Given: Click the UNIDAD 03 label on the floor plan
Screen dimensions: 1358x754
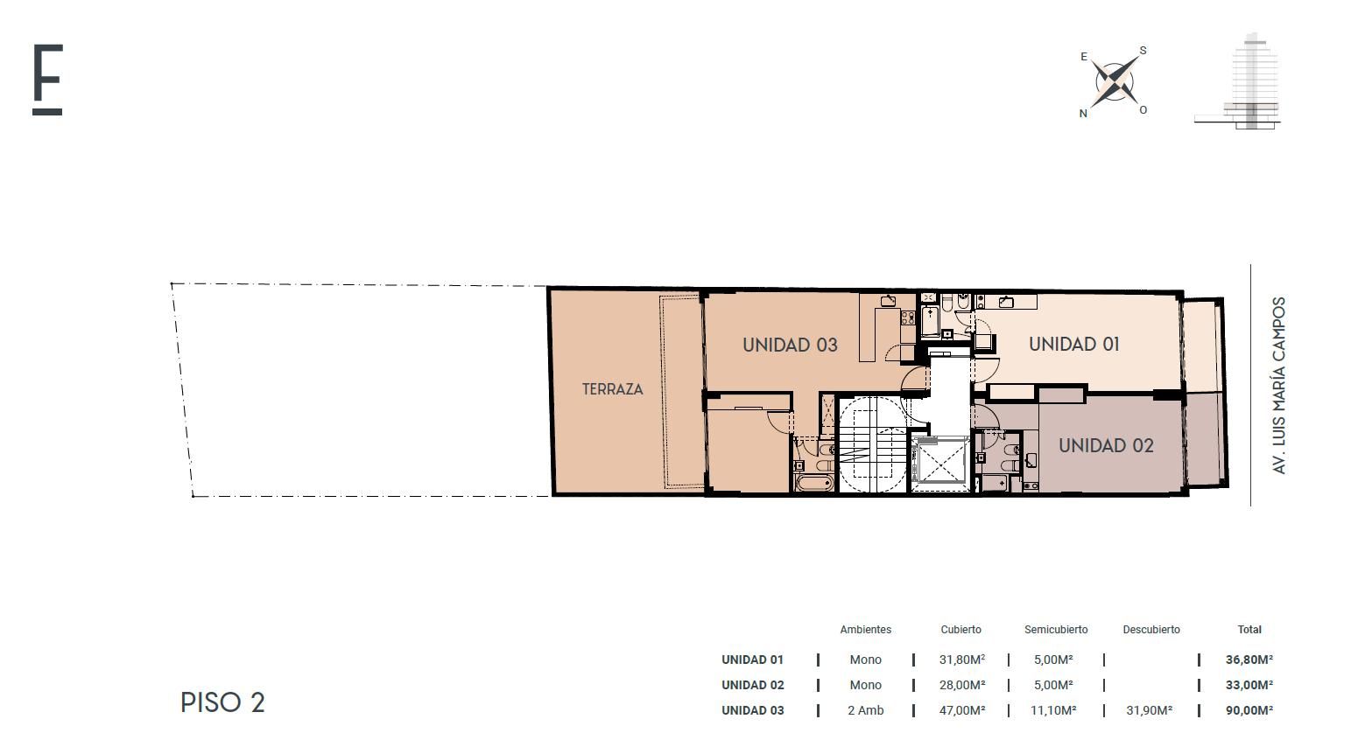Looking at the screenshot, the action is (790, 346).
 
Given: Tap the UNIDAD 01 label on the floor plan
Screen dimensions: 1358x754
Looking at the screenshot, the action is (1073, 344).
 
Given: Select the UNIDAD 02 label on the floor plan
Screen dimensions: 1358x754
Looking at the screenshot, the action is (1106, 446).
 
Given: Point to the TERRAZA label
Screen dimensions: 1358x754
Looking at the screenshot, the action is (612, 389).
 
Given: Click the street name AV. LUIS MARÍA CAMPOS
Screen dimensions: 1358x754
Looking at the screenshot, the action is (1278, 385).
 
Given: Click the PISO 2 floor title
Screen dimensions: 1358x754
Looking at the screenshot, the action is (222, 702).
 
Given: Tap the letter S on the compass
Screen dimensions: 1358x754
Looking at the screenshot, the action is (1143, 50).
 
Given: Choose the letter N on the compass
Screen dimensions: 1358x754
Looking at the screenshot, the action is (1083, 114).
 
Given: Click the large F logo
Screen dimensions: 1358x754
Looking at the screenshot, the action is (47, 80).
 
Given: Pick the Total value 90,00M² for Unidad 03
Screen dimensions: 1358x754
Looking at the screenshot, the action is (1249, 710).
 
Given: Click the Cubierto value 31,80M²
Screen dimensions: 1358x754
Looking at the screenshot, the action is (962, 660).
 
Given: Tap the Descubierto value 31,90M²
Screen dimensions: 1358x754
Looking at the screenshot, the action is (1149, 710).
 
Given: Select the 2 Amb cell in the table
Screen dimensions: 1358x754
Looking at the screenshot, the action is (865, 710).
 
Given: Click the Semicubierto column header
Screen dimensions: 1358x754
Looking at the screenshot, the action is (1056, 630).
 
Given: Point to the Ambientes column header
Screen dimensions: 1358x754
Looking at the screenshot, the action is (865, 630).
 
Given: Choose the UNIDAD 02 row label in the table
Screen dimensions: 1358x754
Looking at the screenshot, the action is (752, 685).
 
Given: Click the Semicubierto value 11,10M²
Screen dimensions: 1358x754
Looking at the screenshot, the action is (1053, 710).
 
